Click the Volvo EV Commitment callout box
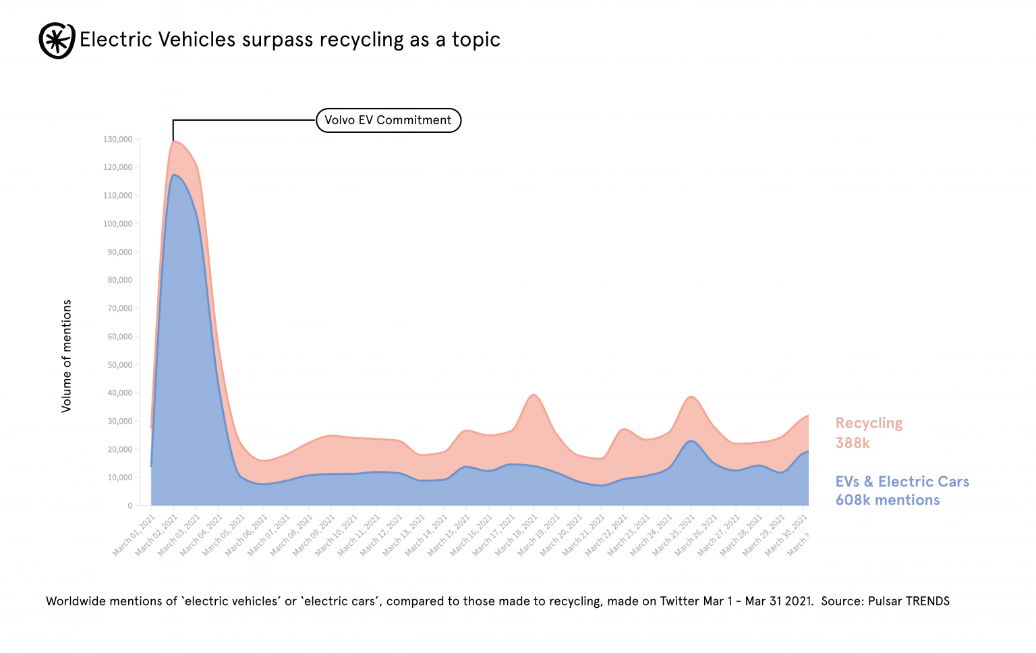click(x=388, y=120)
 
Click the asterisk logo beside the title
click(x=57, y=40)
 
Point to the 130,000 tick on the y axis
click(x=118, y=140)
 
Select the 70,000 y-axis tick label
click(x=120, y=308)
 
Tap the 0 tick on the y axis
click(x=130, y=505)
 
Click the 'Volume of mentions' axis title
click(x=66, y=356)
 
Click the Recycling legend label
click(x=869, y=423)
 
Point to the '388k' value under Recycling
click(x=853, y=443)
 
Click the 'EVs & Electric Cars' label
click(x=902, y=482)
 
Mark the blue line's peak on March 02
click(x=174, y=175)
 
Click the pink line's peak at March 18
click(x=534, y=395)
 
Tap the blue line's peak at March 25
click(x=691, y=441)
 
